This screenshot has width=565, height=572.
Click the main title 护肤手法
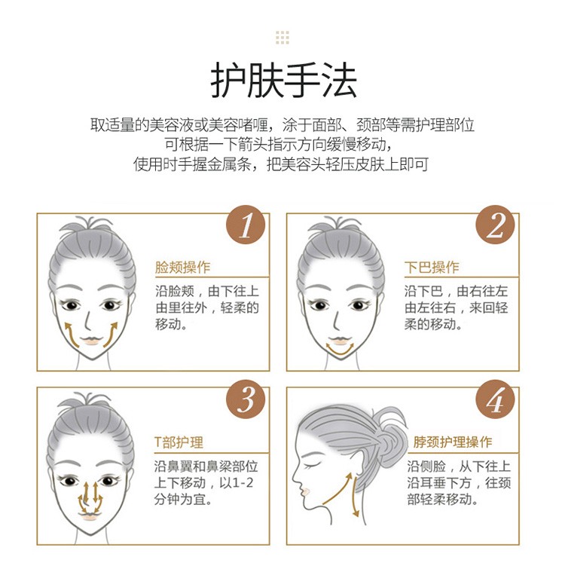tap(283, 80)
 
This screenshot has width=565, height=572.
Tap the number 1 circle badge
tap(246, 225)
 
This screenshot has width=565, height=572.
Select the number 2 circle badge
tap(496, 225)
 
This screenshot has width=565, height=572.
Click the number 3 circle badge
tap(246, 399)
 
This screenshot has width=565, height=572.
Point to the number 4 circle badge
tap(496, 399)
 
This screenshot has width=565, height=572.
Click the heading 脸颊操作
tap(183, 267)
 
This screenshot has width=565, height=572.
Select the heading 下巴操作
tap(432, 267)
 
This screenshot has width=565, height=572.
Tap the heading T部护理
tap(179, 442)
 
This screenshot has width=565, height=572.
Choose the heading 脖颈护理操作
tap(453, 442)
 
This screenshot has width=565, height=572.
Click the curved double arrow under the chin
tap(341, 353)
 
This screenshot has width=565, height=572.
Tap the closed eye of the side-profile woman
tap(313, 465)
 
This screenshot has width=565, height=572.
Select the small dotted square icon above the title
tap(282, 38)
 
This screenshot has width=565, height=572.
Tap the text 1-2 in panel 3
tap(243, 483)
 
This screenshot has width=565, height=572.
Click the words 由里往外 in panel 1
tap(182, 307)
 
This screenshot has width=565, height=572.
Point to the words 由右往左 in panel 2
tap(482, 291)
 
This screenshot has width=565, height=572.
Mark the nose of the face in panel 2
tap(336, 321)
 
